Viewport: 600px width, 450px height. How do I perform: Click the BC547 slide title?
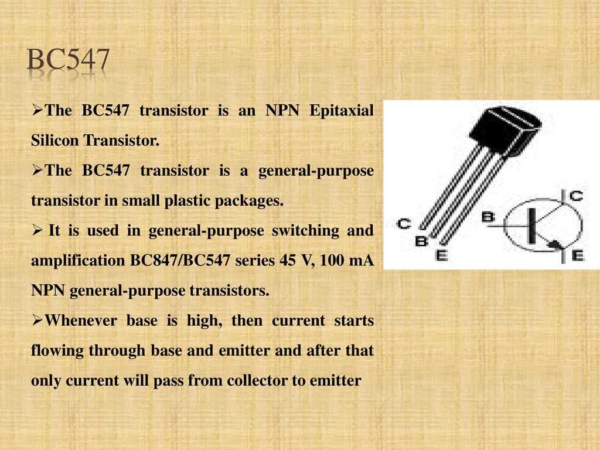tap(68, 59)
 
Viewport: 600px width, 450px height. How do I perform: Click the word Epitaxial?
tap(342, 111)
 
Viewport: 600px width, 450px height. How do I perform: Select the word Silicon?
tap(54, 140)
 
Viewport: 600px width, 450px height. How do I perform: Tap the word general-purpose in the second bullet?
tap(316, 171)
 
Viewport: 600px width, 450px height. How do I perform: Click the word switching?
tap(305, 231)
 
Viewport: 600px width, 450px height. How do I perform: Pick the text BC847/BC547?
tap(180, 261)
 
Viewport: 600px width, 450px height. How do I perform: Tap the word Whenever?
tap(81, 321)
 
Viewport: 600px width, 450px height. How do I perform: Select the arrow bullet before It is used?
tap(37, 230)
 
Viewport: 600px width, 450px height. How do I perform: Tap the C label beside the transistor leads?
tap(404, 223)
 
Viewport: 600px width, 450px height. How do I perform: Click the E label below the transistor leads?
tap(441, 255)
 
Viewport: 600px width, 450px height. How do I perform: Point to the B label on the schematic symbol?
tap(487, 217)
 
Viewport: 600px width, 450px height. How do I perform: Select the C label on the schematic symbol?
tap(576, 196)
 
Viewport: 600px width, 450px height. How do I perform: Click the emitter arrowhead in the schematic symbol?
tap(554, 244)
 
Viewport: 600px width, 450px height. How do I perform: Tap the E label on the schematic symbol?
tap(578, 255)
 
